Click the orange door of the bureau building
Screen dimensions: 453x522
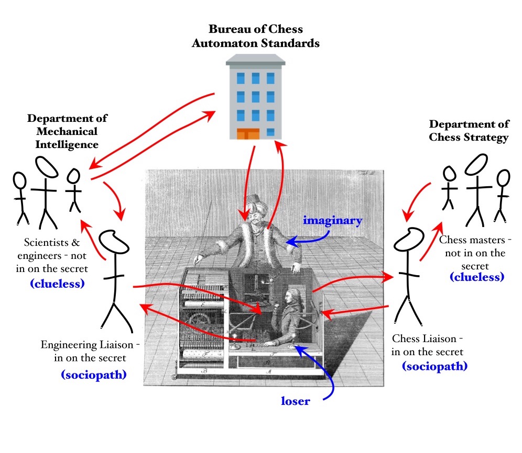tap(249, 133)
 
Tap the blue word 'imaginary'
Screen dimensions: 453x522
tap(332, 221)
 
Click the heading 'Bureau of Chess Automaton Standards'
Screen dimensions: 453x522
tap(255, 36)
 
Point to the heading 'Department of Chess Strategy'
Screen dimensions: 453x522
tap(469, 131)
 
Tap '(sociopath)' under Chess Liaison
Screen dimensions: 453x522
tap(434, 366)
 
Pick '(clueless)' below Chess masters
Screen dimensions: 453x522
tap(476, 277)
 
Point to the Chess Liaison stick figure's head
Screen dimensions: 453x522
tap(409, 241)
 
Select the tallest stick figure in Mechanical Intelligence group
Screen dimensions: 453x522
tap(44, 188)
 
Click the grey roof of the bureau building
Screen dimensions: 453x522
tap(255, 60)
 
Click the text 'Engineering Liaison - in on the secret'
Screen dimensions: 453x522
tap(90, 352)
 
